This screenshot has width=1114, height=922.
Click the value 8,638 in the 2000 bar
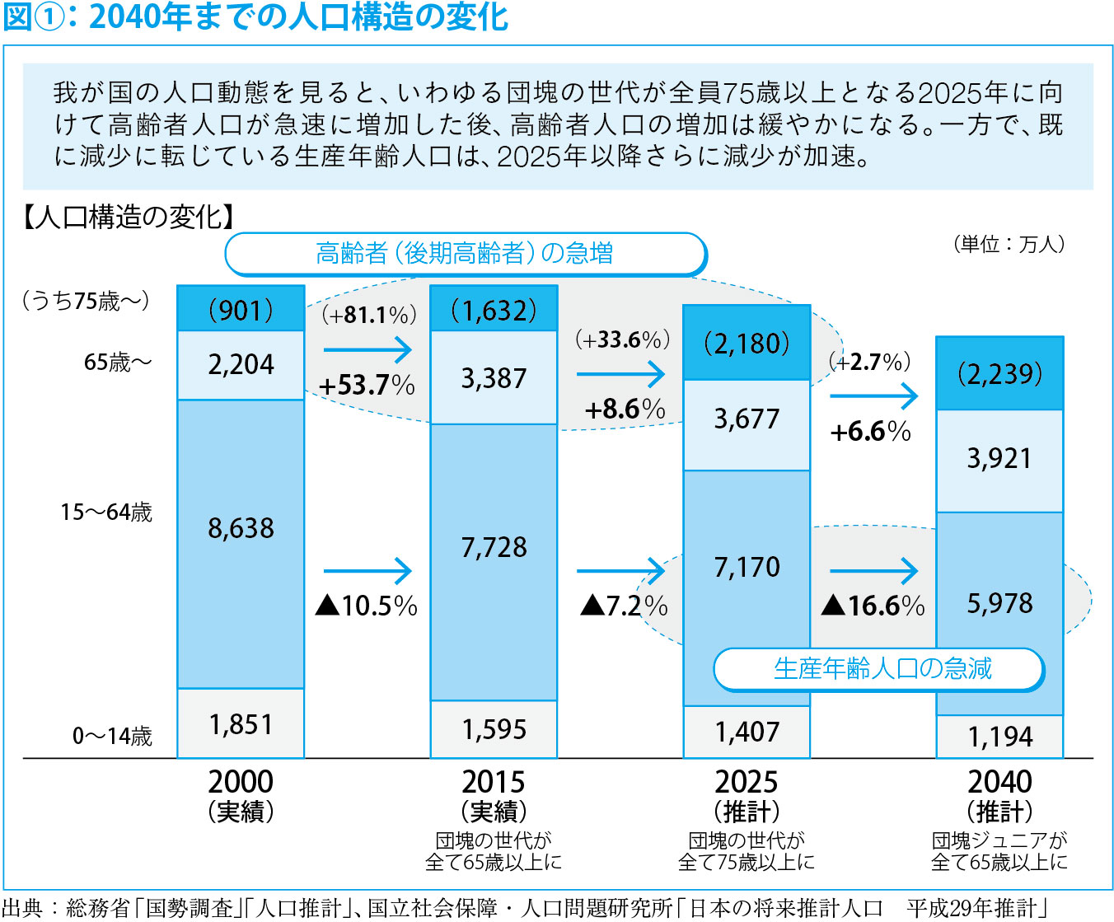(241, 528)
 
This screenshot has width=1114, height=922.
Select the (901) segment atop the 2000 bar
(241, 310)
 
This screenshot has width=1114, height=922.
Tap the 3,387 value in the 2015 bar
(494, 378)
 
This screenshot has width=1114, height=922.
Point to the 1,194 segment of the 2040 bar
(999, 737)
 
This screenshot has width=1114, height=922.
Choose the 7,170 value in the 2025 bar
(747, 567)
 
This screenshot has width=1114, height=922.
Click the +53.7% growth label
(367, 385)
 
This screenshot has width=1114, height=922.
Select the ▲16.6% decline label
(873, 606)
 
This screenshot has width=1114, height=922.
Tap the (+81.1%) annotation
(368, 315)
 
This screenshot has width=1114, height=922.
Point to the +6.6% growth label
(870, 431)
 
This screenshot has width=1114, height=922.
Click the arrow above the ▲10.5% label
(367, 570)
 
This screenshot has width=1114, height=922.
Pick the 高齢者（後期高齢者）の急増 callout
(465, 254)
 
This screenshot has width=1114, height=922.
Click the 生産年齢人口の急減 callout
(880, 669)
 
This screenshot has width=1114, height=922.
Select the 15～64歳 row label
(106, 512)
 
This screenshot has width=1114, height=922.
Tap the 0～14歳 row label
(112, 736)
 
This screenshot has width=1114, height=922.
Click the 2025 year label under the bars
(747, 781)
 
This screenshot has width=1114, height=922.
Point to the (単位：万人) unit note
(1009, 244)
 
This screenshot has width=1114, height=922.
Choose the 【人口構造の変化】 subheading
(129, 217)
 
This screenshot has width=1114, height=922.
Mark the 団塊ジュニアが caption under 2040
(999, 840)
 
